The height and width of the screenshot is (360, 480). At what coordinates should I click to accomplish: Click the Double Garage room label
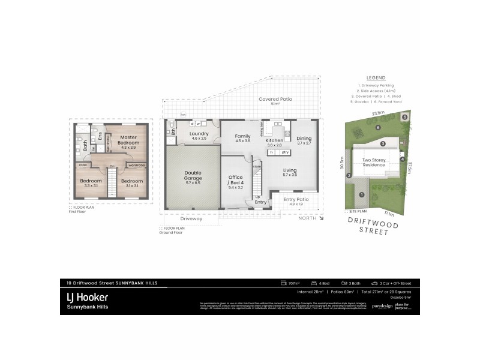click(x=193, y=176)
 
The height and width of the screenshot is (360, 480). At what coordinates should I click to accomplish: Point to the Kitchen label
click(x=275, y=142)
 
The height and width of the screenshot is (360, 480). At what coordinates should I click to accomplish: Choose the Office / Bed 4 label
click(x=235, y=181)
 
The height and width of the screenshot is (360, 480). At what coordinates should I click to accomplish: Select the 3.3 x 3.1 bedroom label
click(x=91, y=183)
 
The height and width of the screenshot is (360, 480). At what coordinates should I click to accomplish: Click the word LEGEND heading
click(x=378, y=77)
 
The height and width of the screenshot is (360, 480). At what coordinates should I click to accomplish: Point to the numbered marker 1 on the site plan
click(x=362, y=194)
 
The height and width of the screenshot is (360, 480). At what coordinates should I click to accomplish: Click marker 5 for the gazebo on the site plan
click(x=405, y=117)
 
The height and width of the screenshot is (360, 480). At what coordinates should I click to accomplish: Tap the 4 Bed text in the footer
click(x=324, y=283)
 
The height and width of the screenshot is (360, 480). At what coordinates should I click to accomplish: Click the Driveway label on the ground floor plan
click(x=190, y=218)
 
